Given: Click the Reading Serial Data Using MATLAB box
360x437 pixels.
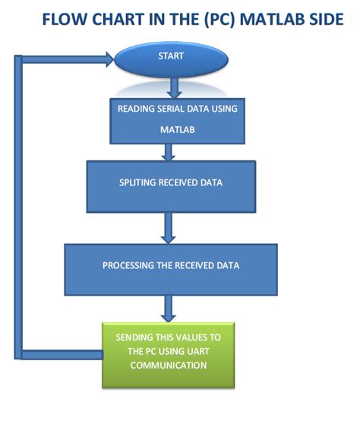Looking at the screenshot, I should coord(177,120).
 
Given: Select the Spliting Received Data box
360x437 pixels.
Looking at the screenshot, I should coord(170,186).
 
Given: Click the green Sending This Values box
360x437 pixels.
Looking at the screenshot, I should coord(168,354).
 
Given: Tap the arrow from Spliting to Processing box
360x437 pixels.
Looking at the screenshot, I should coord(169,227).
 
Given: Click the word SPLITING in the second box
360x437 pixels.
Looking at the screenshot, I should coord(137,183).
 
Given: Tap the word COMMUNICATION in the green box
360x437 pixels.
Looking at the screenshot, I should coord(168,366).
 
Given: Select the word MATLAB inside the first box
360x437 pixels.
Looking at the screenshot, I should coord(178,130).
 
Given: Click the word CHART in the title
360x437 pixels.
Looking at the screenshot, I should coord(118,19).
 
